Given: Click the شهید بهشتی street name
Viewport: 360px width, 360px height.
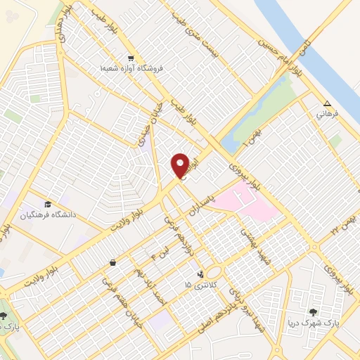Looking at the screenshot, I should (x=251, y=241).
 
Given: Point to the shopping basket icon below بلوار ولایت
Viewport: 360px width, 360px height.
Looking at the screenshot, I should (x=112, y=262).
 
